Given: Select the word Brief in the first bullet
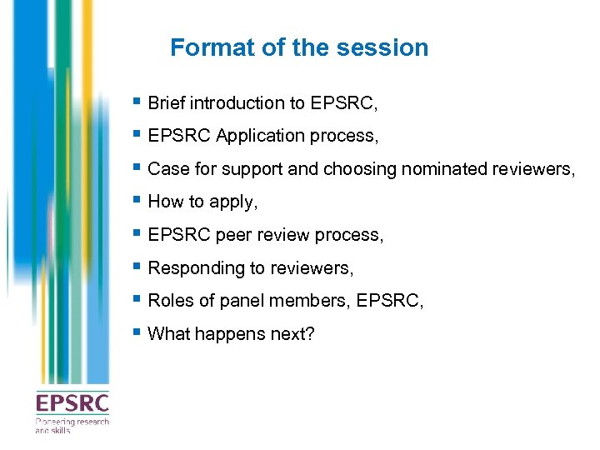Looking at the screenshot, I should click(167, 103).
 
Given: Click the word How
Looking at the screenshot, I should click(164, 202).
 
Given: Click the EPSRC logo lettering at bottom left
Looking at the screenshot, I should click(72, 404).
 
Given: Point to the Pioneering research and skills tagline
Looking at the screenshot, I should click(72, 425).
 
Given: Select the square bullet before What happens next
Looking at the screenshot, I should click(137, 332).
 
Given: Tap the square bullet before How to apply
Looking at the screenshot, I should click(137, 201).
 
